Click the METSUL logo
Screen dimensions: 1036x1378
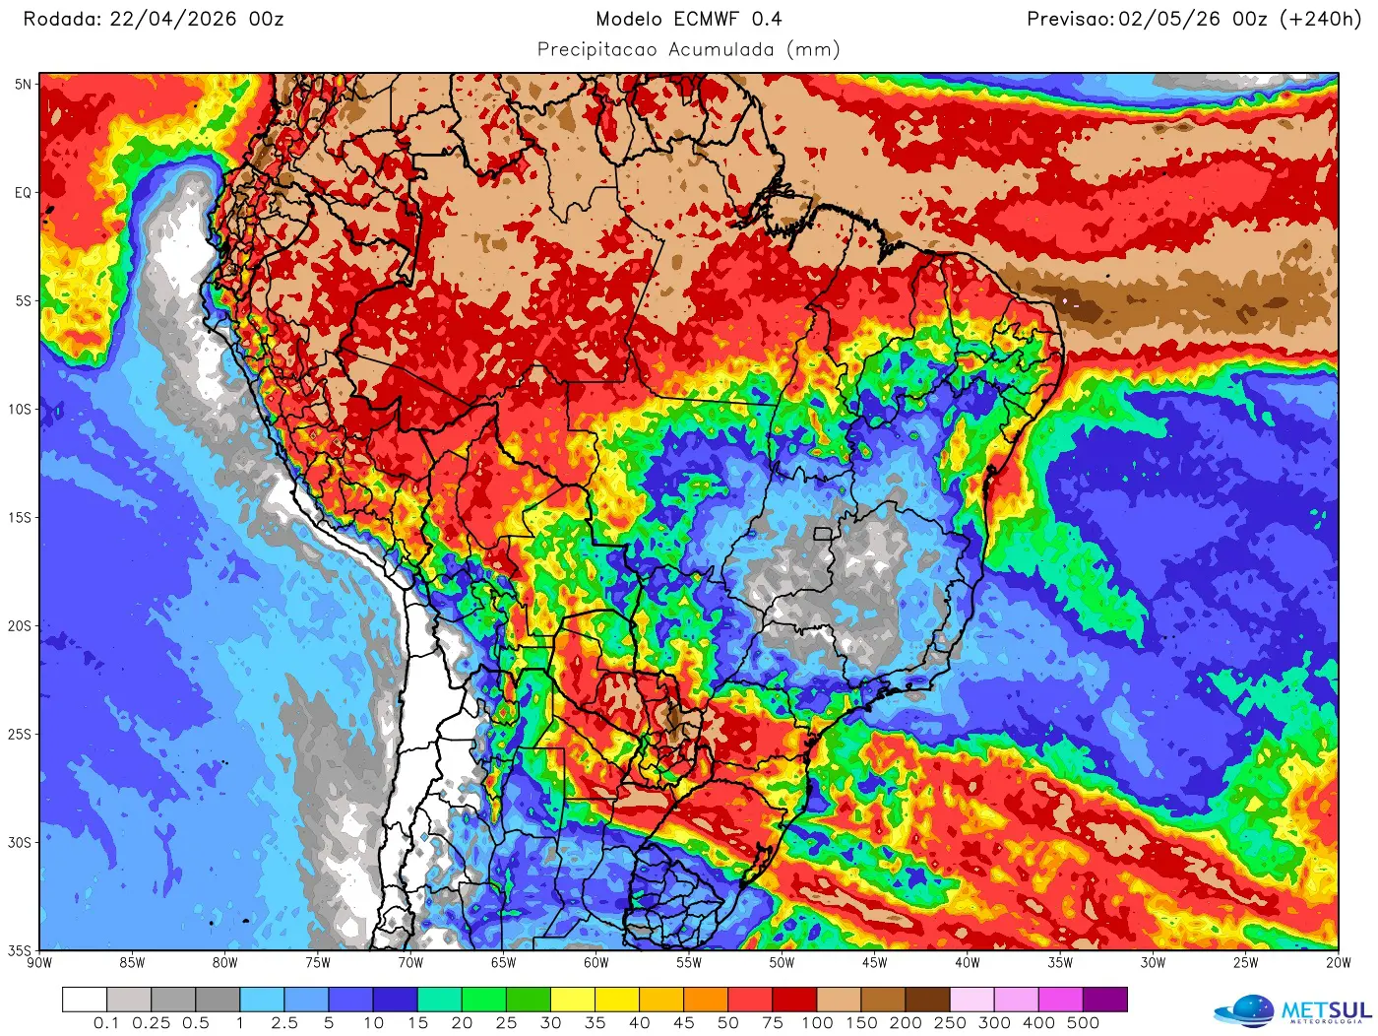pos(1293,1010)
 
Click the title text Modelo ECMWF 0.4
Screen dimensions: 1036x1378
pos(688,19)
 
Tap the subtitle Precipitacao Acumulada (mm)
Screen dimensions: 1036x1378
pos(688,49)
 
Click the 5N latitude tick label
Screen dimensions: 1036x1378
pos(23,85)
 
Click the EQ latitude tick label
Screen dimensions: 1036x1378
pos(23,193)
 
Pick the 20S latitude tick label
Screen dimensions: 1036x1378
pos(21,626)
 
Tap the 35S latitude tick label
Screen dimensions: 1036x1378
pos(21,951)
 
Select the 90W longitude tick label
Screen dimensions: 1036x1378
pos(39,963)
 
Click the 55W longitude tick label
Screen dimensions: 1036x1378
pos(689,963)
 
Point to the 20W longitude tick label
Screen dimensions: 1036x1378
pos(1338,963)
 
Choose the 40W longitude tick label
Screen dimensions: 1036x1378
pos(967,963)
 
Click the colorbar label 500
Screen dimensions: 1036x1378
pos(1083,1023)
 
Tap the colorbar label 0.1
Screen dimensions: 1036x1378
pos(106,1023)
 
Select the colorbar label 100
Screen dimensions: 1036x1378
pos(817,1023)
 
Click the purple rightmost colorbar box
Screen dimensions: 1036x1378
pos(1104,1000)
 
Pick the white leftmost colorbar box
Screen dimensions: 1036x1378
pos(85,1000)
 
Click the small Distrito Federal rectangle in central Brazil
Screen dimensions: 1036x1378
pos(823,534)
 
